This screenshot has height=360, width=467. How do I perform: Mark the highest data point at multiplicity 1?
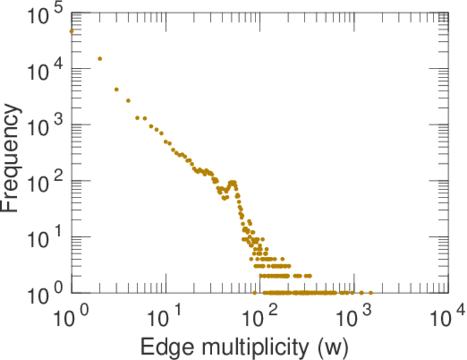pos(72,31)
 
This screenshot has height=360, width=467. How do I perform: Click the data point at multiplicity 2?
pos(100,59)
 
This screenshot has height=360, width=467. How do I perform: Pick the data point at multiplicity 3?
pos(116,89)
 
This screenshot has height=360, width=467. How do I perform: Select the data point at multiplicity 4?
pos(128,101)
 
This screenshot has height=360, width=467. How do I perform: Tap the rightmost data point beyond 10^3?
pos(370,293)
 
